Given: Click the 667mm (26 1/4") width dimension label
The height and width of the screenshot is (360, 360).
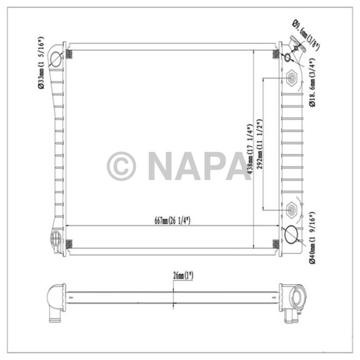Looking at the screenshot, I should pyautogui.click(x=172, y=221).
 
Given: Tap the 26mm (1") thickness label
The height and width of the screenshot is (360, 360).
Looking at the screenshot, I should pyautogui.click(x=183, y=276).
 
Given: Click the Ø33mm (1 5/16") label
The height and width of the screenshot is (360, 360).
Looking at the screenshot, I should pyautogui.click(x=41, y=63).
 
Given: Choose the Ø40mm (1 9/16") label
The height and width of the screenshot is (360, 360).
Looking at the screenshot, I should pyautogui.click(x=312, y=237).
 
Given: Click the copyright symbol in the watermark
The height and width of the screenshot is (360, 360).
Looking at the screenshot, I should pyautogui.click(x=121, y=166).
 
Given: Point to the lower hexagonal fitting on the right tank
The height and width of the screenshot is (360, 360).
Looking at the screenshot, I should pyautogui.click(x=292, y=209).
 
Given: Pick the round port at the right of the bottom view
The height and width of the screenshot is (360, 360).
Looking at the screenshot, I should pyautogui.click(x=297, y=297).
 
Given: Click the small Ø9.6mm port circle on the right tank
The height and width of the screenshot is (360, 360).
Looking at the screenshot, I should pyautogui.click(x=287, y=57).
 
